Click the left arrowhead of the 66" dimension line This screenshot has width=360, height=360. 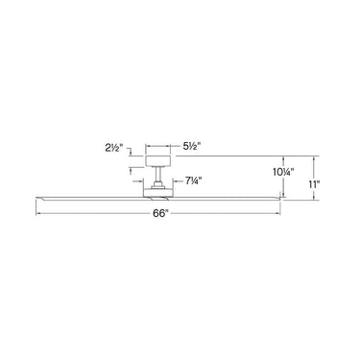(39, 211)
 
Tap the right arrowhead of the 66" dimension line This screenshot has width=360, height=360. (280, 211)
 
